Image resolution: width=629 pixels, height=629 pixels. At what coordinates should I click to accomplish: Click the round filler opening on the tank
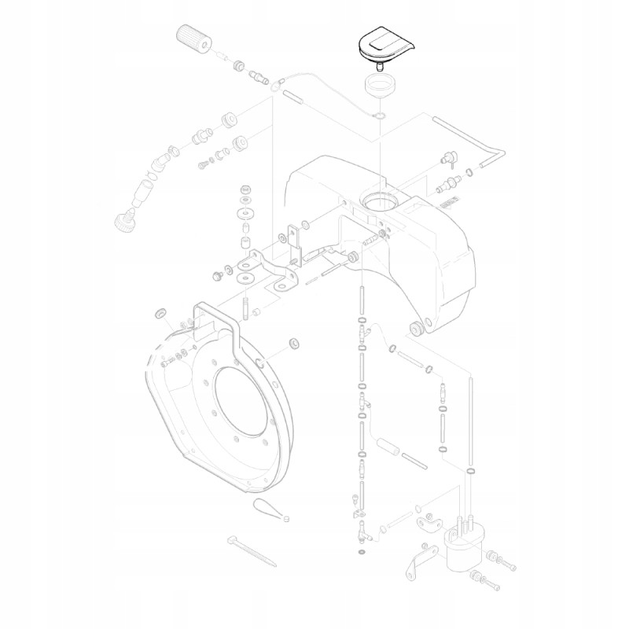pos(381,200)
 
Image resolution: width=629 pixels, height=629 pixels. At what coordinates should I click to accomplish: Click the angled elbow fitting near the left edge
pos(160,161)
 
